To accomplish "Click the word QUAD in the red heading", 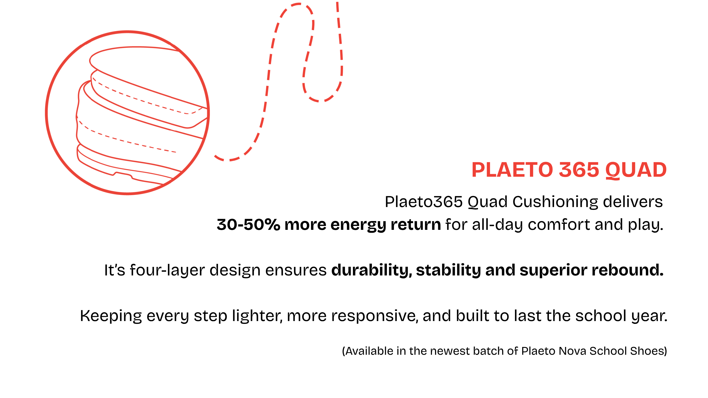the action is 636,170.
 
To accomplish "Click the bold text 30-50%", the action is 248,225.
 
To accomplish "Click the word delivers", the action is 633,202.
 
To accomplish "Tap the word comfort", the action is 559,225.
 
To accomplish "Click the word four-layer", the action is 167,270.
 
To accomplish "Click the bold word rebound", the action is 628,270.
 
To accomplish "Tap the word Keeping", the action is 111,316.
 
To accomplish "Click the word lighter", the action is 258,316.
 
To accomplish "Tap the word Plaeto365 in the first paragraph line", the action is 424,202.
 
